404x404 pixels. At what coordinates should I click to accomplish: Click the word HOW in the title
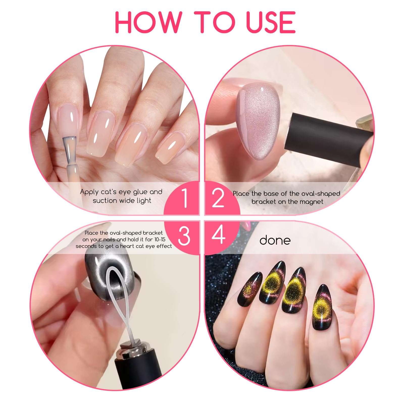pos(148,22)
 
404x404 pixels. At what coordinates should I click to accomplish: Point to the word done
pos(275,240)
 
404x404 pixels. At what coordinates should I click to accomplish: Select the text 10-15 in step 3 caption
pos(160,239)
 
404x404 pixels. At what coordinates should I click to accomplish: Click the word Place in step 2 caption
pos(241,194)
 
